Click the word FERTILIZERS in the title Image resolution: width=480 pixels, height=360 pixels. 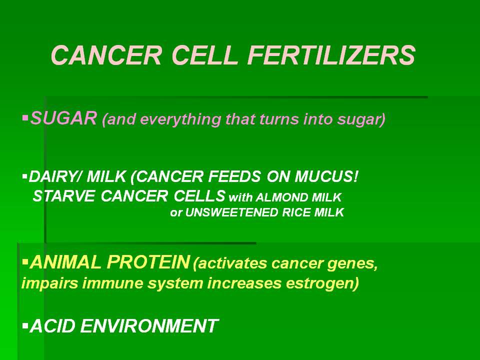(331, 55)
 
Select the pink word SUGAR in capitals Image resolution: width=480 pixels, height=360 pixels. (63, 118)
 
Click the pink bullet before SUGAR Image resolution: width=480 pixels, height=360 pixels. (25, 117)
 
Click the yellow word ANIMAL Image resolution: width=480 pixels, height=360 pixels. (66, 262)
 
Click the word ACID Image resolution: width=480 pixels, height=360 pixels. (52, 325)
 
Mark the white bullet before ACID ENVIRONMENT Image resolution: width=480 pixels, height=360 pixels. (25, 325)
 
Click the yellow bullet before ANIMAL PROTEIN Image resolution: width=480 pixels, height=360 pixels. (25, 262)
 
